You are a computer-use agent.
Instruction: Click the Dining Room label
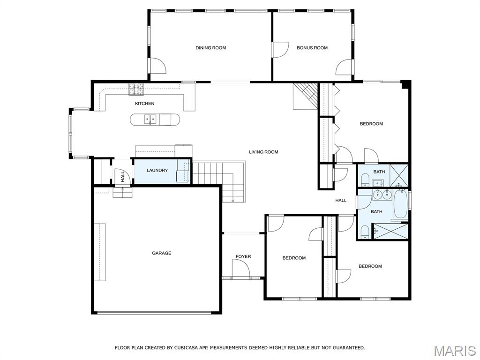[x=210, y=48]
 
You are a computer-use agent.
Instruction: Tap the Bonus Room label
[x=312, y=48]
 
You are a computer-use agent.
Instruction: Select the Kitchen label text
[x=144, y=104]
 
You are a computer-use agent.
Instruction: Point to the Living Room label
[x=263, y=152]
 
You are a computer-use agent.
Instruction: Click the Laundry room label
[x=157, y=170]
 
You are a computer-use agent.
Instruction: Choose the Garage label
[x=162, y=253]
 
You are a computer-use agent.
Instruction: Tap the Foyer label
[x=243, y=256]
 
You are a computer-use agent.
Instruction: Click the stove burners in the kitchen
[x=136, y=89]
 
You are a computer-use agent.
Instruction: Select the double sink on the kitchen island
[x=150, y=119]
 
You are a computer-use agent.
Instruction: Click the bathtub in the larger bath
[x=400, y=204]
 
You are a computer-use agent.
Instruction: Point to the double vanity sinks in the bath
[x=382, y=195]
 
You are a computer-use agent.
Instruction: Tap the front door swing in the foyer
[x=241, y=269]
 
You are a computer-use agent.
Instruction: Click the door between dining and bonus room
[x=280, y=50]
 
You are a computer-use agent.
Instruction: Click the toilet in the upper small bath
[x=365, y=180]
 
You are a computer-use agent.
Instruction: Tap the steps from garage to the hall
[x=122, y=192]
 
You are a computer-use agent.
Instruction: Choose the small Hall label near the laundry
[x=122, y=177]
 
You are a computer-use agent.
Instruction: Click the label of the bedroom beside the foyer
[x=294, y=258]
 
